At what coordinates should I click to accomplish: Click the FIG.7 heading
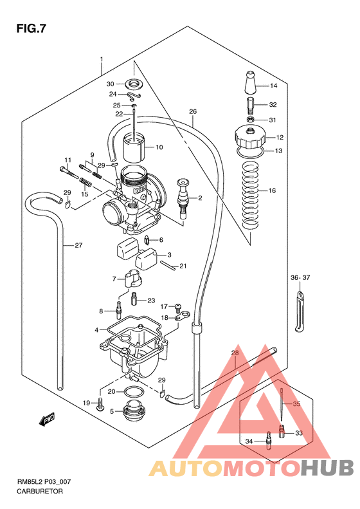click(x=31, y=29)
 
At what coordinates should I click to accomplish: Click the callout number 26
click(x=192, y=112)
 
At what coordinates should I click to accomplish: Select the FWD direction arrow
click(x=47, y=420)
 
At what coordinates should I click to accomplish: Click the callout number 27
click(x=78, y=245)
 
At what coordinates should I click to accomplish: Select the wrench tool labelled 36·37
click(x=300, y=312)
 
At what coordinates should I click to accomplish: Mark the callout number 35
click(x=296, y=404)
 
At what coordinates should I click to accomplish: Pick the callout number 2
click(x=200, y=198)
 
